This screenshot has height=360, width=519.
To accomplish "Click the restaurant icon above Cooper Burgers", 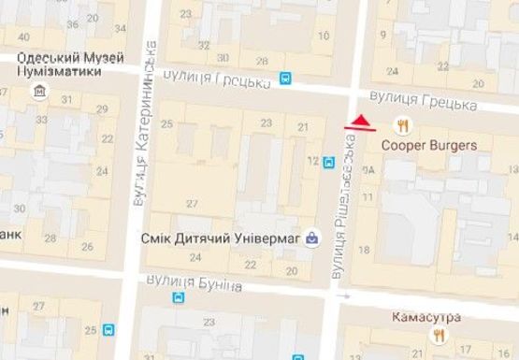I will (403, 125).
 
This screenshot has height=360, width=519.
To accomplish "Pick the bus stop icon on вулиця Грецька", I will (285, 80).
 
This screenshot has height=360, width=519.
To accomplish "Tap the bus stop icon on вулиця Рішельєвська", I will (328, 162).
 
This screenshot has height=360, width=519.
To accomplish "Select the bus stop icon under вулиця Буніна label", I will (179, 298).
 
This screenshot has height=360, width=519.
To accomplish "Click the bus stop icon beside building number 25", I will (110, 330).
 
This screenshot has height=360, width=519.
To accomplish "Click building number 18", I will (363, 249).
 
